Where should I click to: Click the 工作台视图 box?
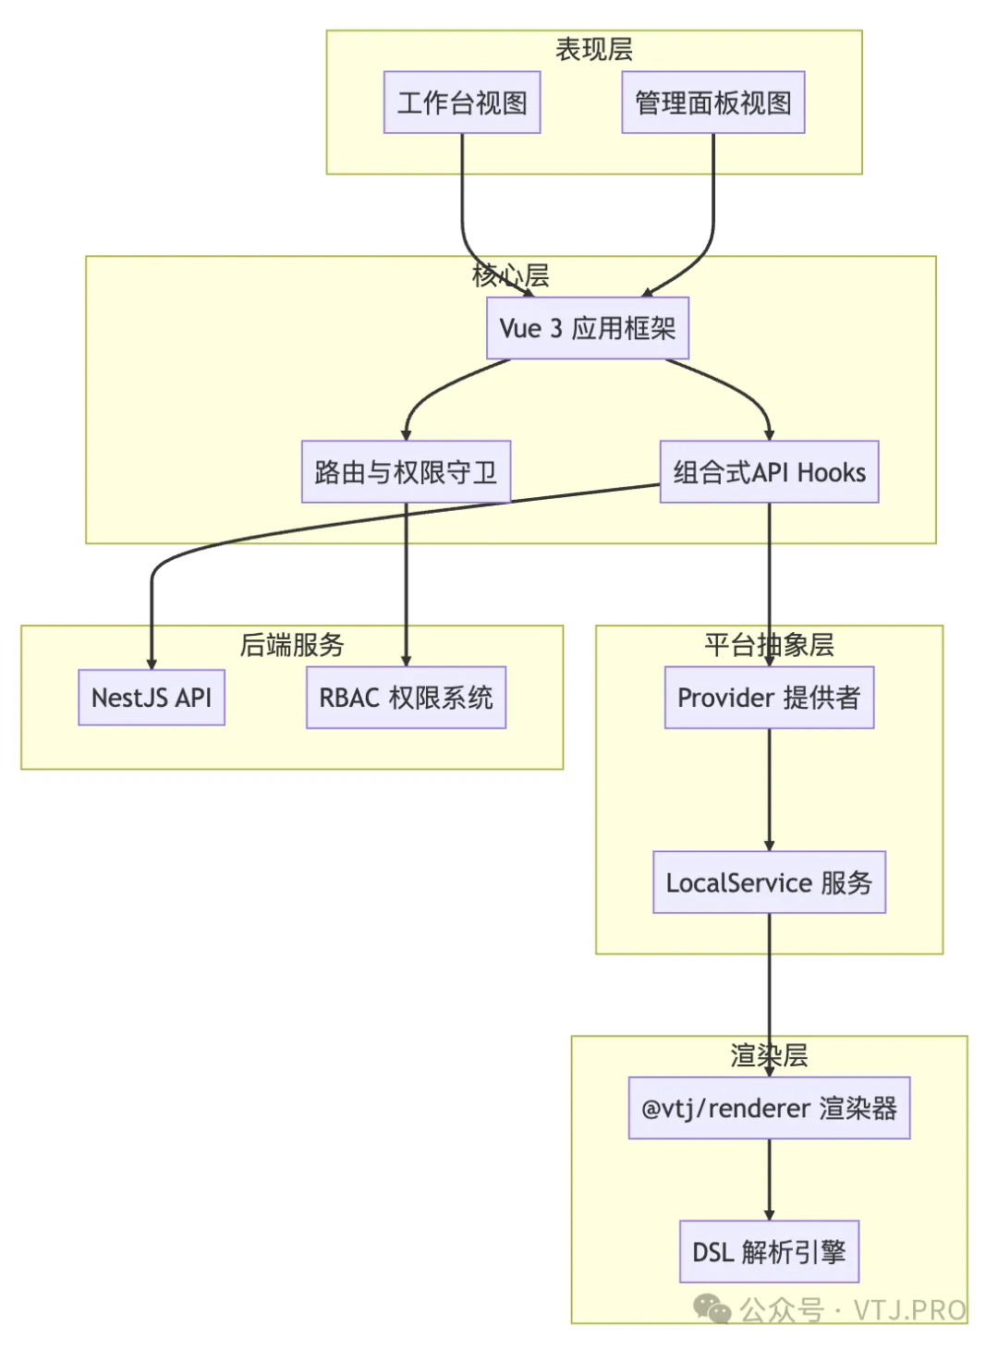tap(462, 103)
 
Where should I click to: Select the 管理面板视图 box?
tap(712, 103)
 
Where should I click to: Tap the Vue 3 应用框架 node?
tap(588, 328)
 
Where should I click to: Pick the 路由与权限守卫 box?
tap(406, 472)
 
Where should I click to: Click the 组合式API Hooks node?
tap(769, 472)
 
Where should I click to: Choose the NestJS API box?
tap(152, 698)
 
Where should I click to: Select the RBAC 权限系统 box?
tap(406, 698)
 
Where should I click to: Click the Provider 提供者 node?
tap(769, 698)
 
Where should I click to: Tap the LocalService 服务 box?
tap(769, 882)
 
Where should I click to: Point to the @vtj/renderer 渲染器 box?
tap(769, 1108)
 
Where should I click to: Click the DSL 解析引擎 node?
tap(769, 1252)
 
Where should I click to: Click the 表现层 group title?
tap(593, 49)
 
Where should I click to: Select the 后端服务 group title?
tap(292, 644)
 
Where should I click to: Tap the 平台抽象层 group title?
tap(769, 644)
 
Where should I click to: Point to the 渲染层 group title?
tap(769, 1054)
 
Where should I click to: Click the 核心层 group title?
tap(510, 274)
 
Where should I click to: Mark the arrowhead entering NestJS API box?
tap(152, 663)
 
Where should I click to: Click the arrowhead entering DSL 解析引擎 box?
tap(769, 1215)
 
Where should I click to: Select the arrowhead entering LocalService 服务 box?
tap(769, 845)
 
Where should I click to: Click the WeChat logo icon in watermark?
tap(712, 1308)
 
